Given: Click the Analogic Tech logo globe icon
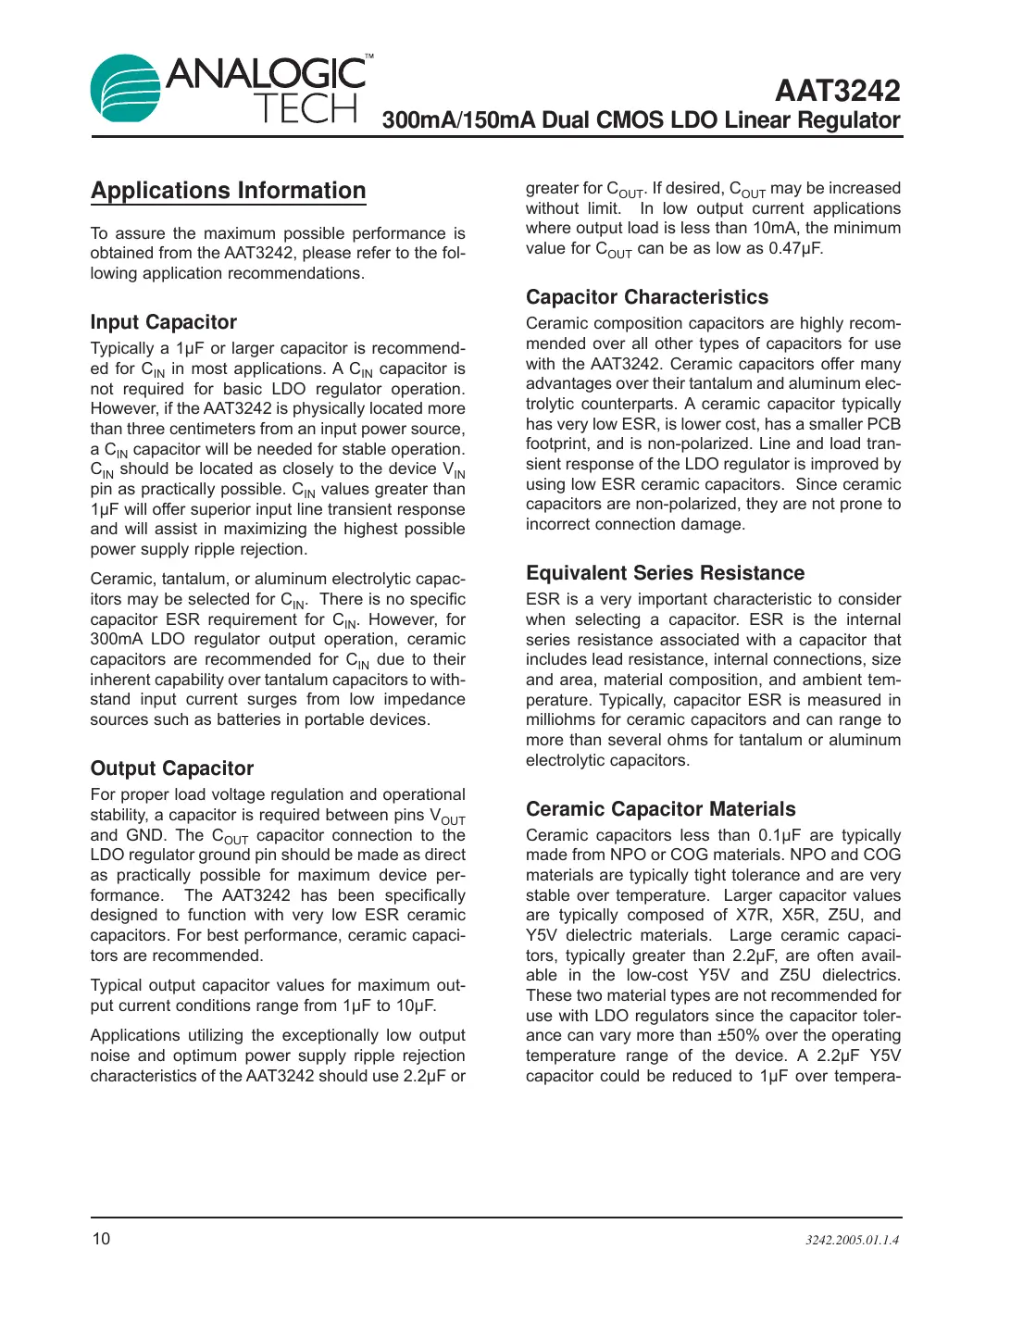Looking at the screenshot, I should (x=126, y=89).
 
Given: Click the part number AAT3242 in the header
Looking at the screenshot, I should (x=837, y=91).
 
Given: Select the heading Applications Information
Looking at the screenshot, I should (x=228, y=191).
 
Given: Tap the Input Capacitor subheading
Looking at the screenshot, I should (x=163, y=322).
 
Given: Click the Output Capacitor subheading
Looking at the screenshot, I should (x=171, y=768).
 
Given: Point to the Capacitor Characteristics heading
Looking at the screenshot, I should (x=646, y=297).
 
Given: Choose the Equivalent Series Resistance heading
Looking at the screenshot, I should (x=665, y=573).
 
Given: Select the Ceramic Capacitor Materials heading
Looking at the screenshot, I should (x=660, y=809).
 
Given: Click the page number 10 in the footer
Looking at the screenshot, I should (x=100, y=1239).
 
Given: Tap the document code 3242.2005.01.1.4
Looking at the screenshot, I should (x=851, y=1240).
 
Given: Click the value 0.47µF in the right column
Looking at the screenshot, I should (x=795, y=248).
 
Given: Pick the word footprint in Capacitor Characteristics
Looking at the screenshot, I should (x=557, y=443).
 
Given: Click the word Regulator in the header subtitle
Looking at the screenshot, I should (x=851, y=120).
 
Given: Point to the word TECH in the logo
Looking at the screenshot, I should (x=305, y=109).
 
